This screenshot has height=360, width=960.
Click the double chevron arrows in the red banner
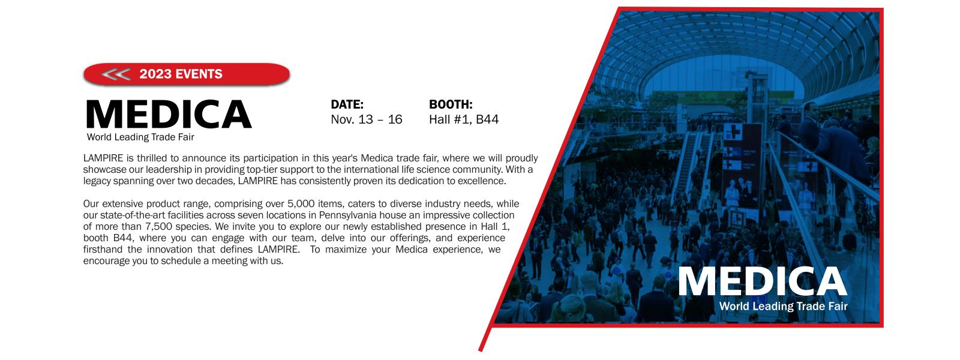(x=116, y=74)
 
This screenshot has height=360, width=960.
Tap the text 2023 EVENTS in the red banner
(x=181, y=74)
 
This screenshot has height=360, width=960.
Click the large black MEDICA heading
(x=169, y=114)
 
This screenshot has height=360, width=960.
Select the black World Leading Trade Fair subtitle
(x=140, y=137)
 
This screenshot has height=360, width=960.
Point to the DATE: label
(x=347, y=104)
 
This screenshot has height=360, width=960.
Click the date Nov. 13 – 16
(x=367, y=119)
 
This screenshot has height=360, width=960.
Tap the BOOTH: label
(x=451, y=104)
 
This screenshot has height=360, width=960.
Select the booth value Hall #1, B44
(x=464, y=119)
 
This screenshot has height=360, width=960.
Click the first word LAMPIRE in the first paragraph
(x=103, y=158)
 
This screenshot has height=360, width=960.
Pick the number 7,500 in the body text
(x=159, y=226)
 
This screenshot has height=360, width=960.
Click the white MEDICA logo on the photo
(x=763, y=281)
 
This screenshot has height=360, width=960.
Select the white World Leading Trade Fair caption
(x=784, y=306)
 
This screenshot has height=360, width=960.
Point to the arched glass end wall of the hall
(x=724, y=75)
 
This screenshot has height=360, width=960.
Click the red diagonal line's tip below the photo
(x=481, y=350)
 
